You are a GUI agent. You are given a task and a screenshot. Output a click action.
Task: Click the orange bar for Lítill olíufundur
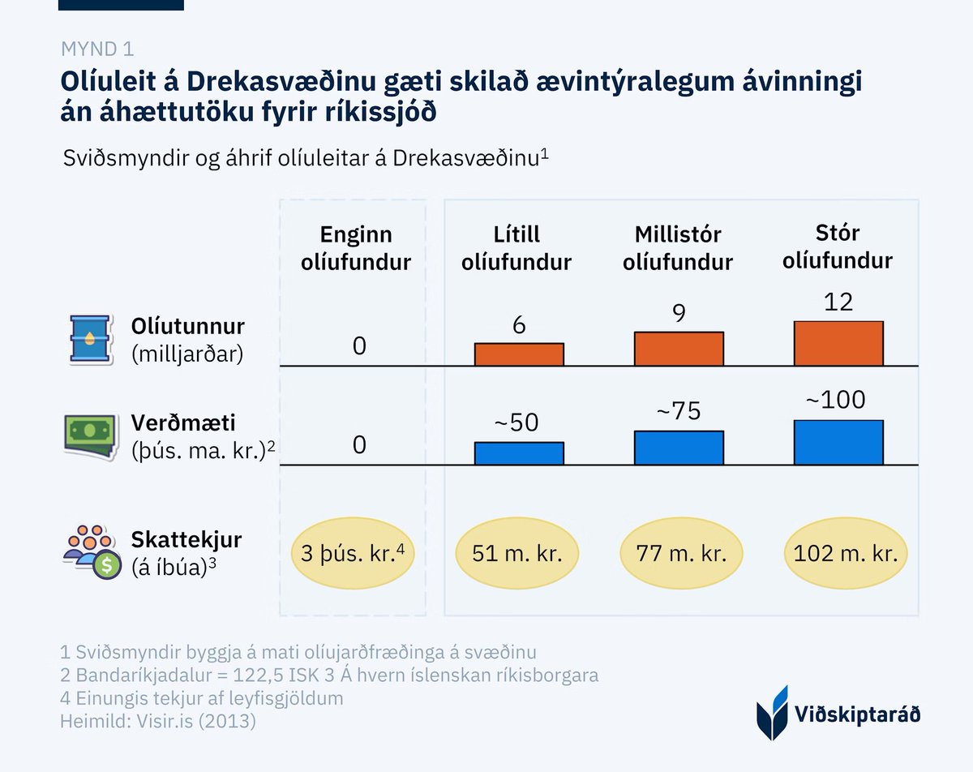(x=519, y=354)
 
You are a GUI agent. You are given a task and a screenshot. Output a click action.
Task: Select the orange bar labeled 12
(x=838, y=343)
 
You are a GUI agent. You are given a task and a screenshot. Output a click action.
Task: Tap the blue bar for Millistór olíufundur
(x=679, y=448)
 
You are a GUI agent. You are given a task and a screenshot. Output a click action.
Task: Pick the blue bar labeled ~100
(x=838, y=442)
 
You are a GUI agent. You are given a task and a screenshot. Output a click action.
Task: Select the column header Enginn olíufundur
(x=357, y=248)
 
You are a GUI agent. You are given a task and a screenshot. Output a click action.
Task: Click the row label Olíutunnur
(x=187, y=327)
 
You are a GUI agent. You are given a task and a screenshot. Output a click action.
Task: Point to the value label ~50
(x=517, y=422)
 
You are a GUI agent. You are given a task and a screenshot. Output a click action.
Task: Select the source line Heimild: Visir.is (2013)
(x=158, y=721)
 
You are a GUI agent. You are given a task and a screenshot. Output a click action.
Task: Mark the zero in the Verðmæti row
(x=359, y=444)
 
